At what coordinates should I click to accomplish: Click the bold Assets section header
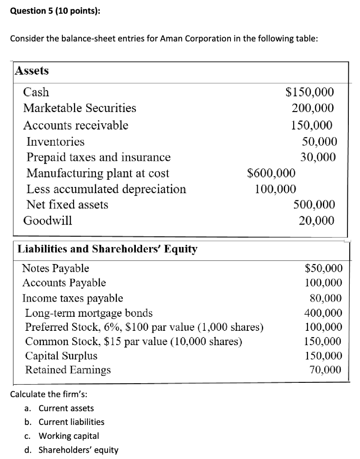tap(32, 71)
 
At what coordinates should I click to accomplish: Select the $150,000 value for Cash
tap(310, 92)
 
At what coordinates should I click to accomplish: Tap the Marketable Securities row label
tap(80, 108)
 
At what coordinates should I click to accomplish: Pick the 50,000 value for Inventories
tap(319, 142)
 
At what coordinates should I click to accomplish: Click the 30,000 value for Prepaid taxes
tap(318, 157)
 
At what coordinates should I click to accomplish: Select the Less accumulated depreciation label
tap(106, 189)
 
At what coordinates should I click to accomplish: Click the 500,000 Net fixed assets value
tap(314, 205)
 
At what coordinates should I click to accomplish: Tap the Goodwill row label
tap(48, 221)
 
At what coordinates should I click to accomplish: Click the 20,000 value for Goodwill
tap(317, 221)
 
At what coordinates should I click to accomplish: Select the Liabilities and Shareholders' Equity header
tap(107, 249)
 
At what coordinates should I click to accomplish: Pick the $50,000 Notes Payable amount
tap(324, 268)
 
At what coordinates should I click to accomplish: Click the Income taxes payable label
tap(73, 298)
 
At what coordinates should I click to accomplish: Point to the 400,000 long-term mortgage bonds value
tap(323, 312)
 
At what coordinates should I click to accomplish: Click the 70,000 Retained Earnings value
tap(325, 370)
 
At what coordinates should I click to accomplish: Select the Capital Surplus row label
tap(61, 356)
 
